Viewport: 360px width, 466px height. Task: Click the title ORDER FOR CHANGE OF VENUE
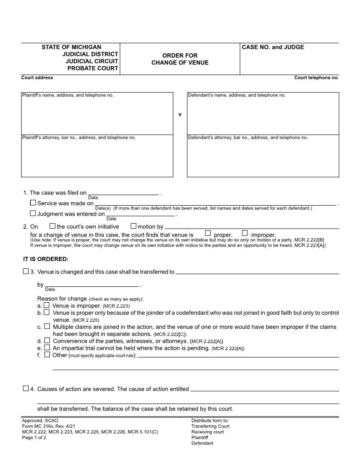180,59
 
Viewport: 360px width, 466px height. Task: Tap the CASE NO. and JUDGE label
273,47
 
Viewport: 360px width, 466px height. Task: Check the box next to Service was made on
33,203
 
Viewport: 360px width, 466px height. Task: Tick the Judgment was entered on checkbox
33,213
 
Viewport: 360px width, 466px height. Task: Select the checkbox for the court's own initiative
52,226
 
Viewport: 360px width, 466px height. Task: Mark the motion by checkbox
134,226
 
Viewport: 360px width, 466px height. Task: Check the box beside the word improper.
245,233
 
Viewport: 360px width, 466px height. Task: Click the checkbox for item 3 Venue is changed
26,271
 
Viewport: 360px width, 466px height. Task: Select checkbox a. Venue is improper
47,305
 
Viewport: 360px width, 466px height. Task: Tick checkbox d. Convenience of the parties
47,341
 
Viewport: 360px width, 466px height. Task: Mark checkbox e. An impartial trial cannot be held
47,348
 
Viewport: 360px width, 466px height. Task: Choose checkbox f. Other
47,355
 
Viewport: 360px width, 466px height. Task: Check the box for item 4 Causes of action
26,389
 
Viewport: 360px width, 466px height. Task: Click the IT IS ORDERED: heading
46,259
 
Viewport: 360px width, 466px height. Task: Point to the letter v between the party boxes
180,114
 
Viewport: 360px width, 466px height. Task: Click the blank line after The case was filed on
124,193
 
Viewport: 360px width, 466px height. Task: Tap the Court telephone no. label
316,78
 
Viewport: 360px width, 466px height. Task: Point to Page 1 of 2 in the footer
34,438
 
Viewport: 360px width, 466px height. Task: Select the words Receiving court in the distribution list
207,432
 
